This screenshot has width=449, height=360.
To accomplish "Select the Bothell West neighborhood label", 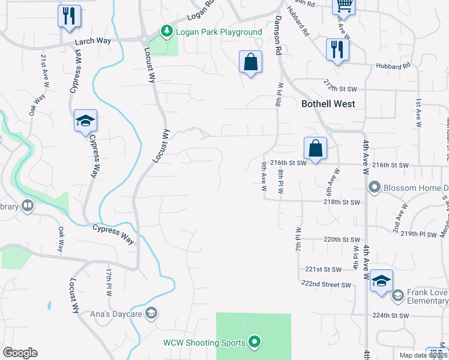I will point(328,104).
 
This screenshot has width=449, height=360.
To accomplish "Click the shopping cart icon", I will point(344,5).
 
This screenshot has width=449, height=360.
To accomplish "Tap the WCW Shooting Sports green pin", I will point(255,343).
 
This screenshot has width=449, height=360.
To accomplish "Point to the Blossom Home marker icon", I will point(375,188).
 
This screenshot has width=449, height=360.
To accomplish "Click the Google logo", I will point(20,353).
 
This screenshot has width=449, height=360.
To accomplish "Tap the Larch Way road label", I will point(94,41).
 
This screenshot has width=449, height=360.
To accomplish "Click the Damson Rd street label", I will point(278,35).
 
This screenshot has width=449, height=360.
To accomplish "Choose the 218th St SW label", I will point(340,203).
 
